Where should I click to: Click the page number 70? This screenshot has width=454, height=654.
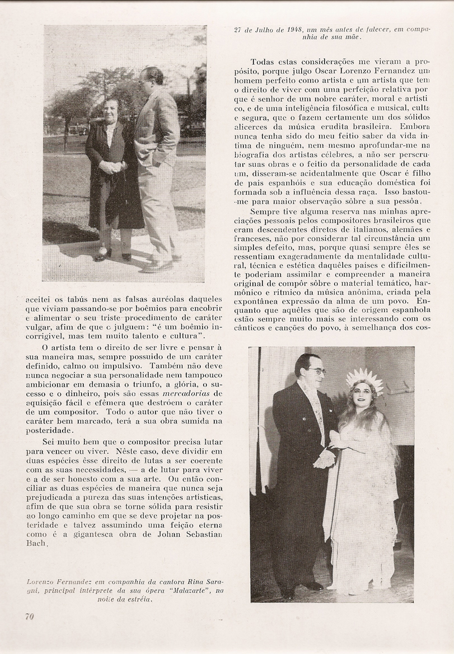pyautogui.click(x=29, y=616)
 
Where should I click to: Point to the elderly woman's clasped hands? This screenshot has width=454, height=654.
pyautogui.click(x=111, y=167)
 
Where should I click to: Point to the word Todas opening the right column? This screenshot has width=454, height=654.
pyautogui.click(x=263, y=62)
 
